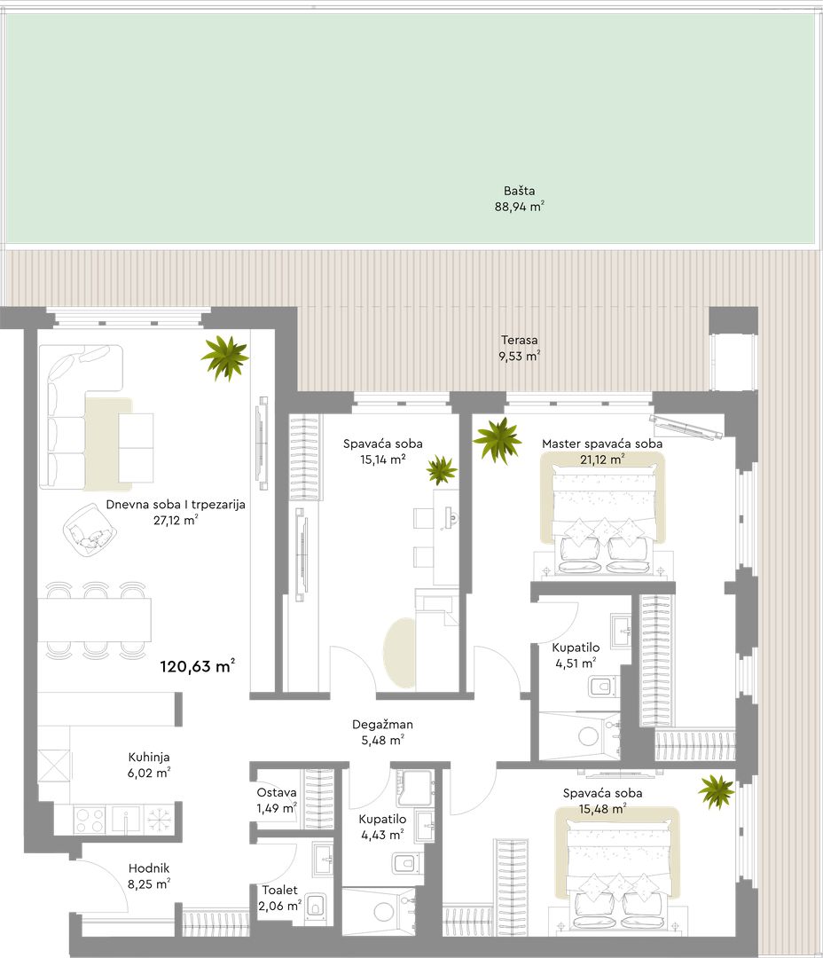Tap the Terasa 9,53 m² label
pyautogui.click(x=520, y=348)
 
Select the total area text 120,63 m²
pyautogui.click(x=198, y=666)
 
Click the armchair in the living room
pyautogui.click(x=90, y=529)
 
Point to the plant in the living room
pyautogui.click(x=225, y=357)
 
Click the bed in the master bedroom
pyautogui.click(x=602, y=514)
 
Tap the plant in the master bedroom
pyautogui.click(x=498, y=439)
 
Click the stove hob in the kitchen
pyautogui.click(x=90, y=820)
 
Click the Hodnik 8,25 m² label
pyautogui.click(x=149, y=876)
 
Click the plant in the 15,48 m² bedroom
pyautogui.click(x=716, y=792)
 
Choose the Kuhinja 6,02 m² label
pyautogui.click(x=149, y=765)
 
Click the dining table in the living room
pyautogui.click(x=95, y=619)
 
